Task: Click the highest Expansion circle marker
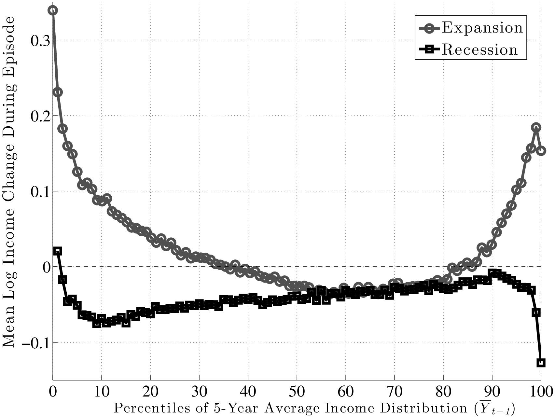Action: [x=53, y=10]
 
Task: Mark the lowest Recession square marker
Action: [x=541, y=363]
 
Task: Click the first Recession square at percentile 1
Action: [x=58, y=251]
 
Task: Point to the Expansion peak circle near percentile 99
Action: [x=536, y=127]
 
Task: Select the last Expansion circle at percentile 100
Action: [x=541, y=150]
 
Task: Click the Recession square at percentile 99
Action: [x=536, y=313]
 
